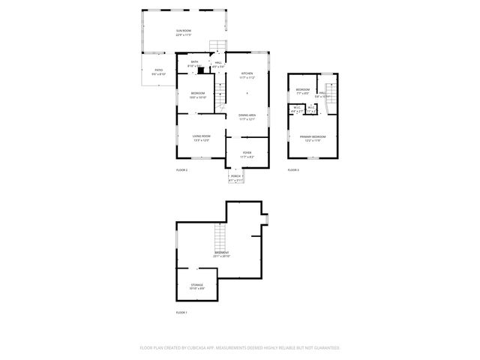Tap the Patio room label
point(158,72)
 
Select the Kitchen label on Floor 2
point(247,75)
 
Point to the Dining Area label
point(247,116)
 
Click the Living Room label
point(200,137)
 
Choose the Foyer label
point(247,154)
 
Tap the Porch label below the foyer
point(235,178)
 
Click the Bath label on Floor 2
point(195,64)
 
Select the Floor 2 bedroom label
point(197,94)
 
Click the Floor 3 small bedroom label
point(302,91)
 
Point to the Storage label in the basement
point(196,286)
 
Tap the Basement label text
point(222,254)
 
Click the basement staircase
point(220,239)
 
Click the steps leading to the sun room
point(217,45)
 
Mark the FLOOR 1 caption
point(181,312)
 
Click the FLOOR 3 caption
point(292,171)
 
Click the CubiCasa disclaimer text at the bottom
point(239,348)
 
